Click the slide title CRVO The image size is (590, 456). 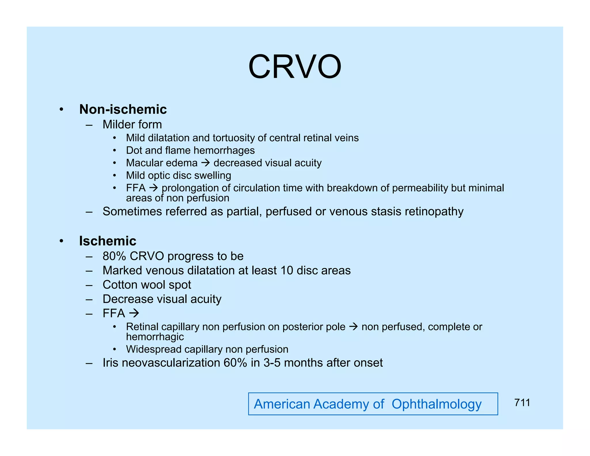pyautogui.click(x=295, y=67)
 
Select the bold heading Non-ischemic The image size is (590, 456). pyautogui.click(x=123, y=110)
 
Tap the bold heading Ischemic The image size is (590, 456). pyautogui.click(x=107, y=241)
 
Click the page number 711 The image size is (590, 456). pyautogui.click(x=522, y=403)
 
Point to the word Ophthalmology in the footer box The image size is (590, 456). pyautogui.click(x=436, y=404)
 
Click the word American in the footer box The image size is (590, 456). pyautogui.click(x=282, y=404)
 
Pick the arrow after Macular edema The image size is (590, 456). pyautogui.click(x=205, y=163)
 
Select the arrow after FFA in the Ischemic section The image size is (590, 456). pyautogui.click(x=134, y=313)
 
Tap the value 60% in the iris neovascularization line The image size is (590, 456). pyautogui.click(x=235, y=363)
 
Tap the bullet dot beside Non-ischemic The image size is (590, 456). pyautogui.click(x=61, y=110)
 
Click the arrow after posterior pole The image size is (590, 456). pyautogui.click(x=353, y=327)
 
